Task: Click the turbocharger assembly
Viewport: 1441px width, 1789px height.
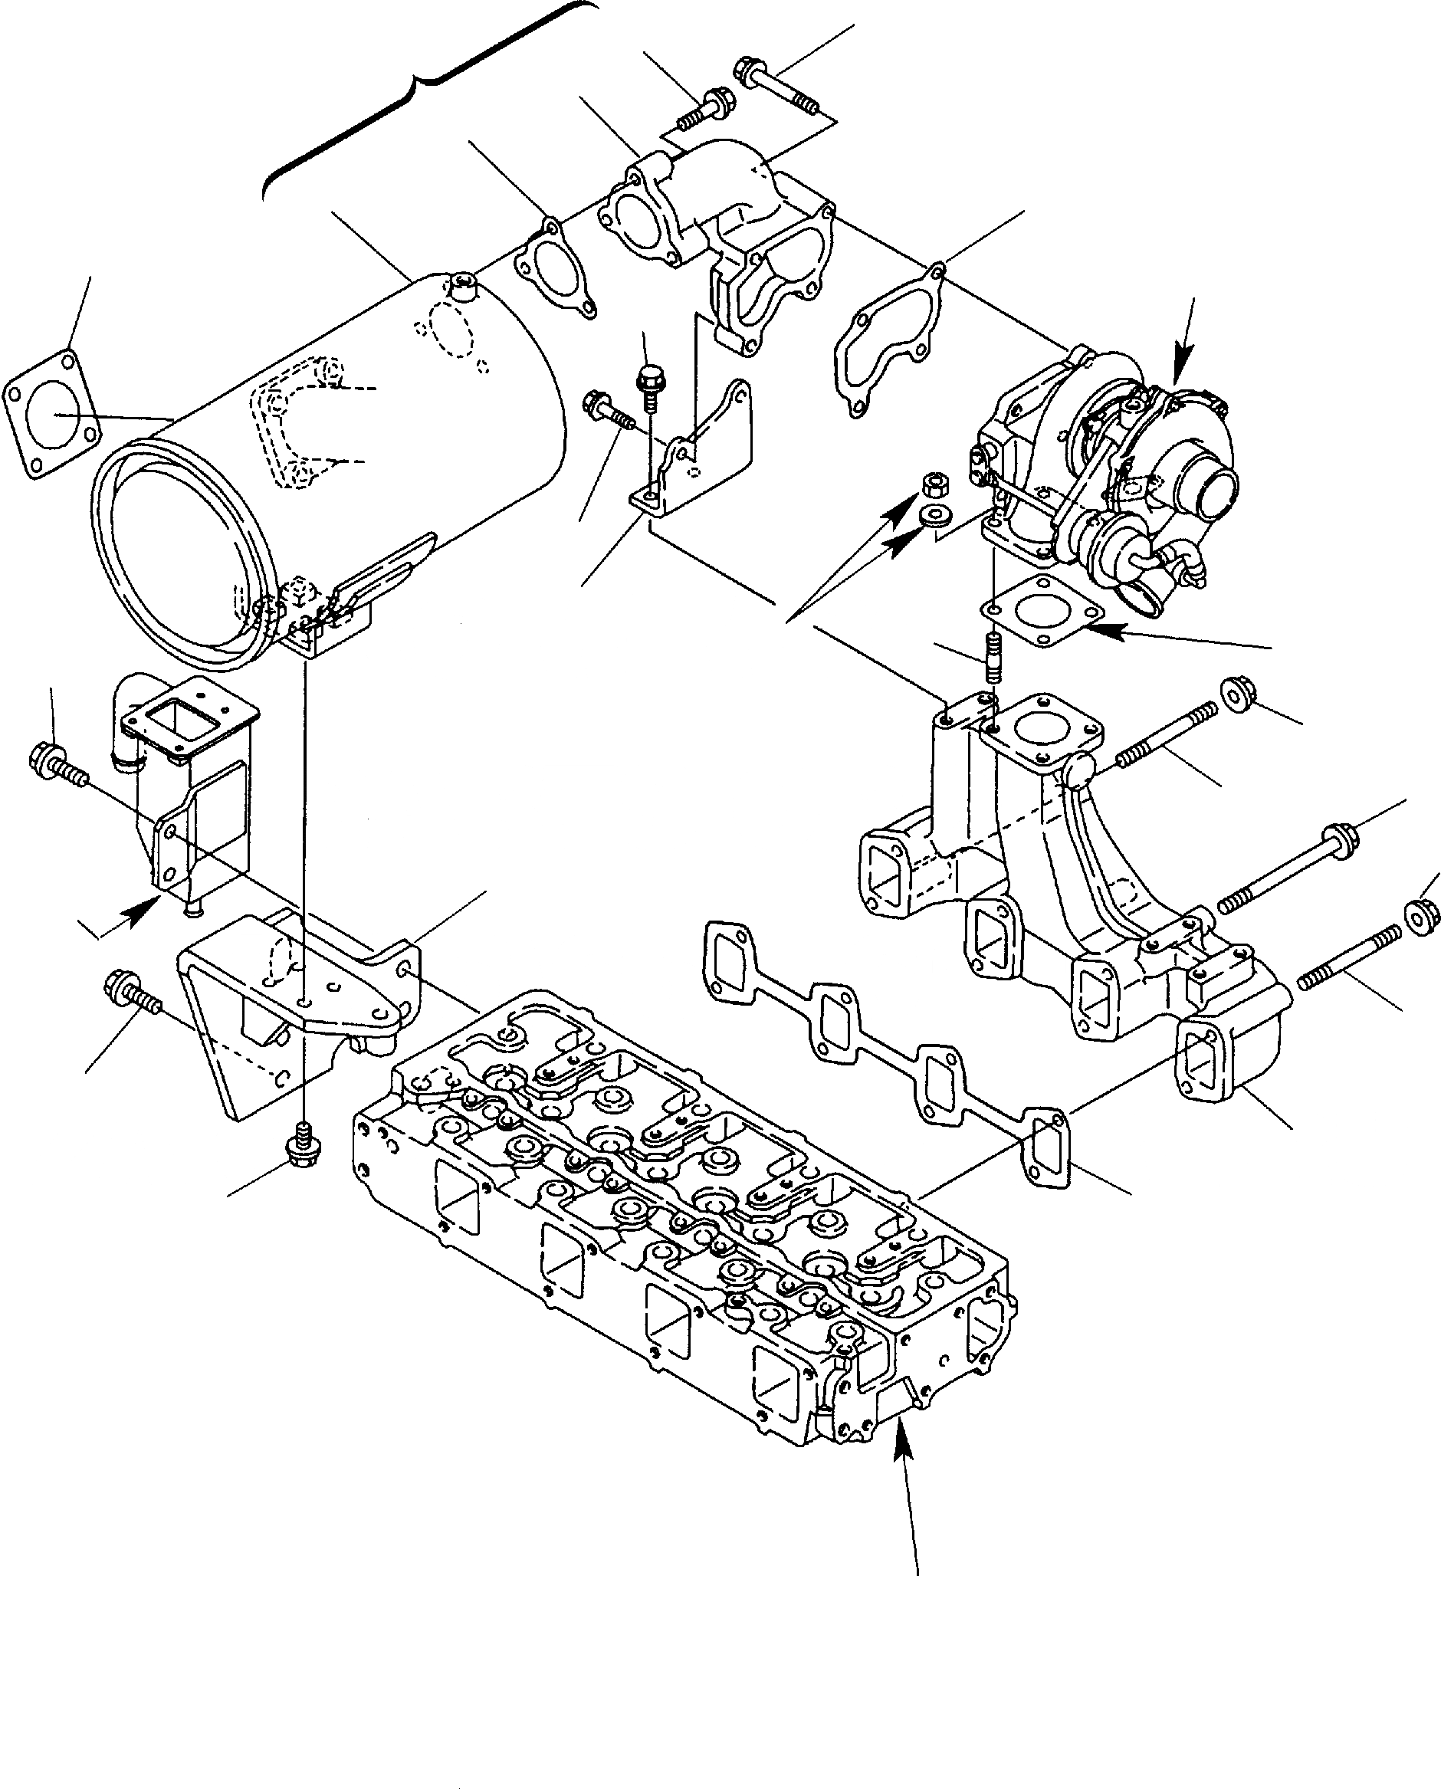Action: [1104, 473]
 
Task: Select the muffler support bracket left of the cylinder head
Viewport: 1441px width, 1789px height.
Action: [299, 1005]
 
